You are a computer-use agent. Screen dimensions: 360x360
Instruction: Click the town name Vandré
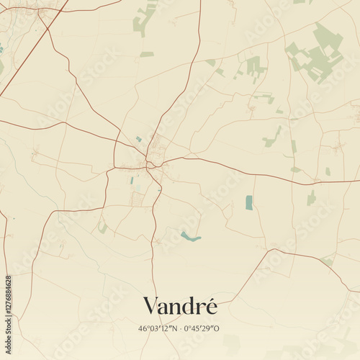tap(180, 305)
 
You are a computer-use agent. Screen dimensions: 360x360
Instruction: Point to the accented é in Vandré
tap(209, 305)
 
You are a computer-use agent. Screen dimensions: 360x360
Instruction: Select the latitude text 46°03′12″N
tap(161, 328)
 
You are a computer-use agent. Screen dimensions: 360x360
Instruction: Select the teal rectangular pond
tap(249, 202)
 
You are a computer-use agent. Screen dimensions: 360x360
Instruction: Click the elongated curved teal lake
tap(190, 236)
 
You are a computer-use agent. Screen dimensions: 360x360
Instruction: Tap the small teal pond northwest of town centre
tap(138, 139)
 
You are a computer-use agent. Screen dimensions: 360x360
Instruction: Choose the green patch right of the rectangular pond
tap(311, 197)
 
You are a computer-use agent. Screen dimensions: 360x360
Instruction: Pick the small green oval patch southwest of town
tap(103, 228)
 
